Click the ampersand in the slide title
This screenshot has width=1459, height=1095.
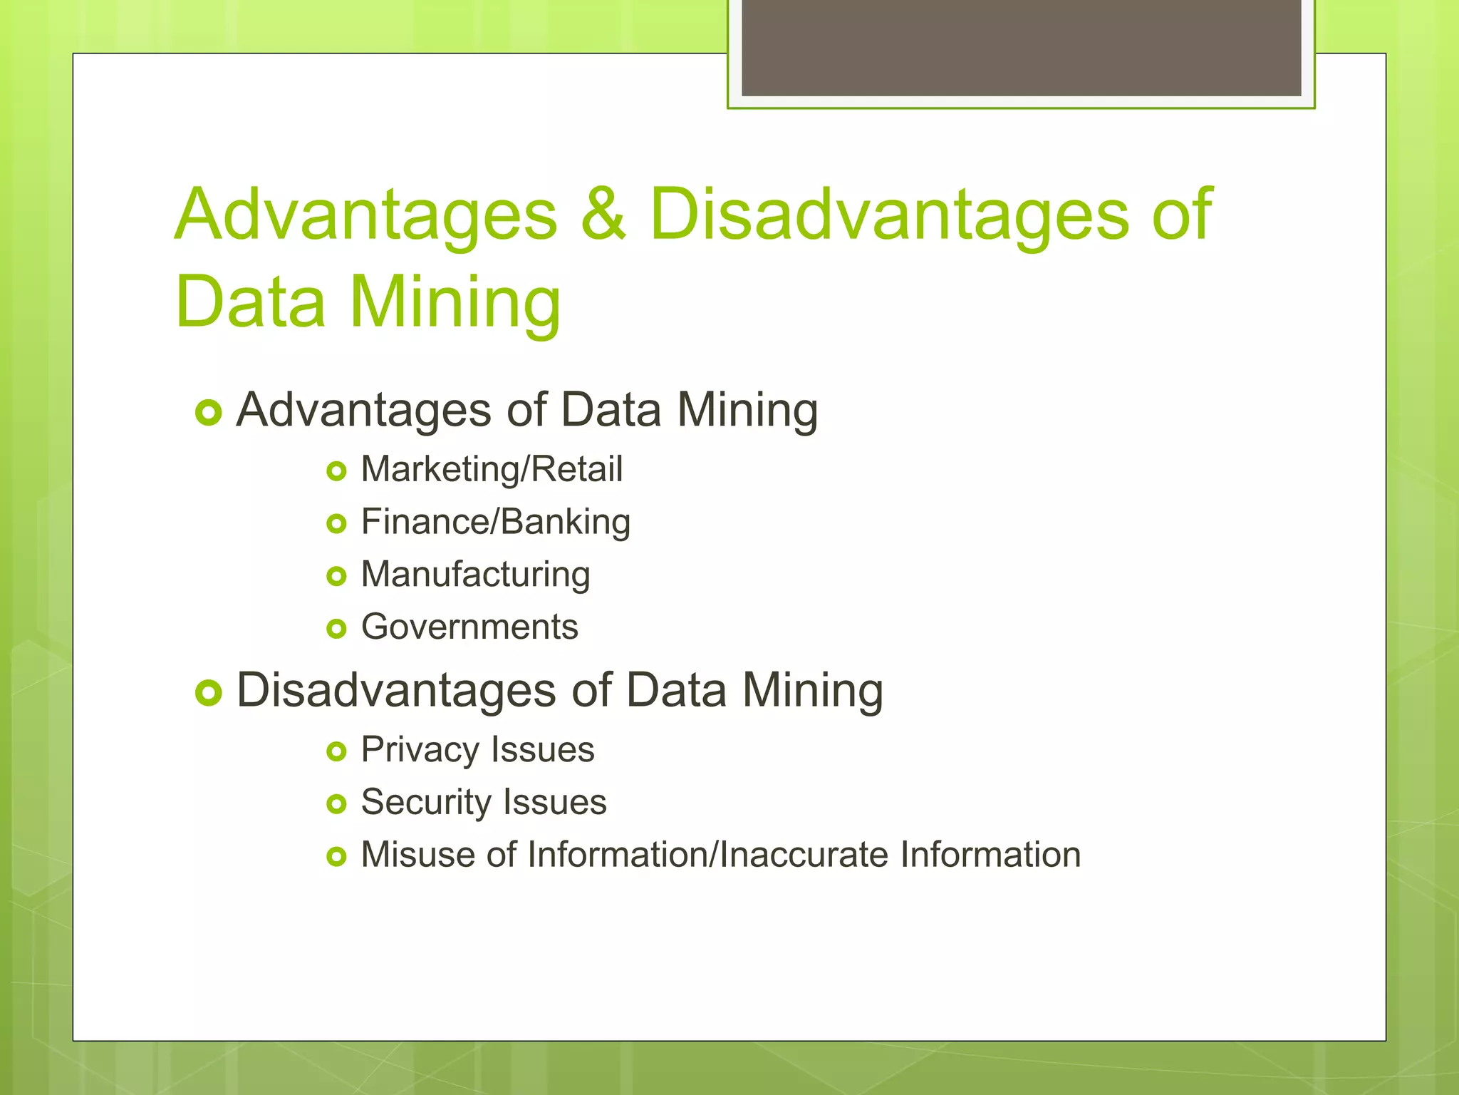click(x=603, y=215)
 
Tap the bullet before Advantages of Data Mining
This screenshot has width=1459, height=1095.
click(x=209, y=412)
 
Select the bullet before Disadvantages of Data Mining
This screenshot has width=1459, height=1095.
click(x=209, y=692)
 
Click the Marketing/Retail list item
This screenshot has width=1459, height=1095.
click(x=492, y=470)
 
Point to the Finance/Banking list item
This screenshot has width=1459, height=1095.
click(x=495, y=522)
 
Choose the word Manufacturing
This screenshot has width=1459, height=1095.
click(x=475, y=575)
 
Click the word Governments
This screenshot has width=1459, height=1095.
click(x=469, y=627)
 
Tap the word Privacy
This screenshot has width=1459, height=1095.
click(x=420, y=751)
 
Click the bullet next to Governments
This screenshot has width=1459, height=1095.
click(x=336, y=629)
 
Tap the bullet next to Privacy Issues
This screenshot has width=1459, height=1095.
click(x=336, y=751)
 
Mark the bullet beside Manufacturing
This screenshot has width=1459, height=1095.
click(x=336, y=576)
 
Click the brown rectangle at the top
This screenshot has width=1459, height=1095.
click(x=1021, y=47)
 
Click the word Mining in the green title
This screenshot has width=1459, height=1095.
click(x=455, y=302)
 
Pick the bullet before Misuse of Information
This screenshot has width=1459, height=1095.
click(x=336, y=856)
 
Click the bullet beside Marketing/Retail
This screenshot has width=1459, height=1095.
click(x=336, y=471)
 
